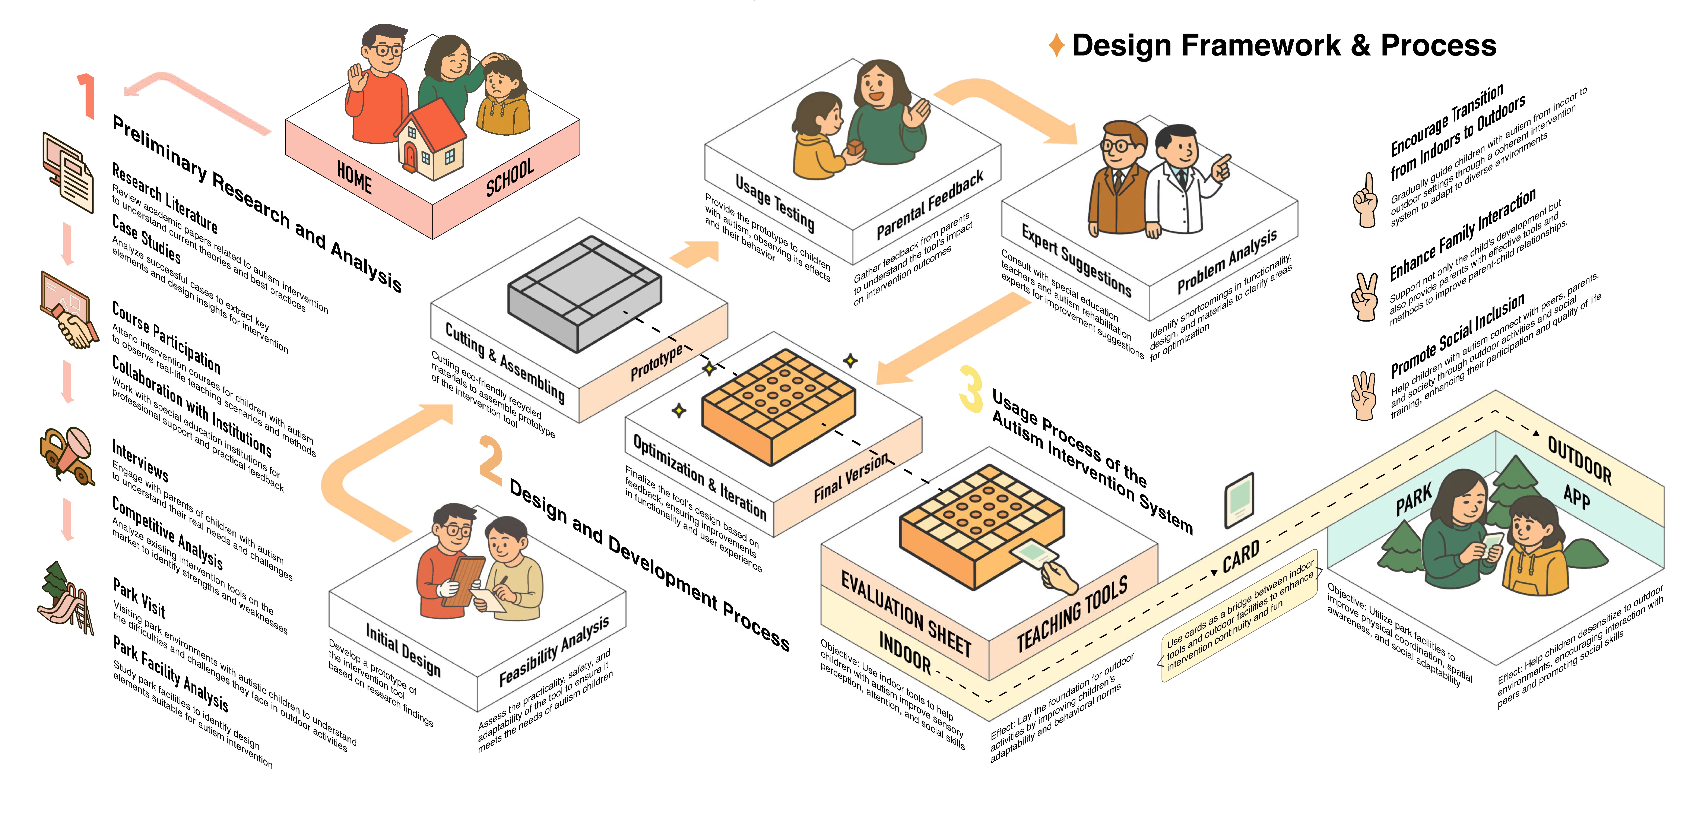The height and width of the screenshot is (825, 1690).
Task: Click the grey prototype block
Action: click(584, 292)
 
